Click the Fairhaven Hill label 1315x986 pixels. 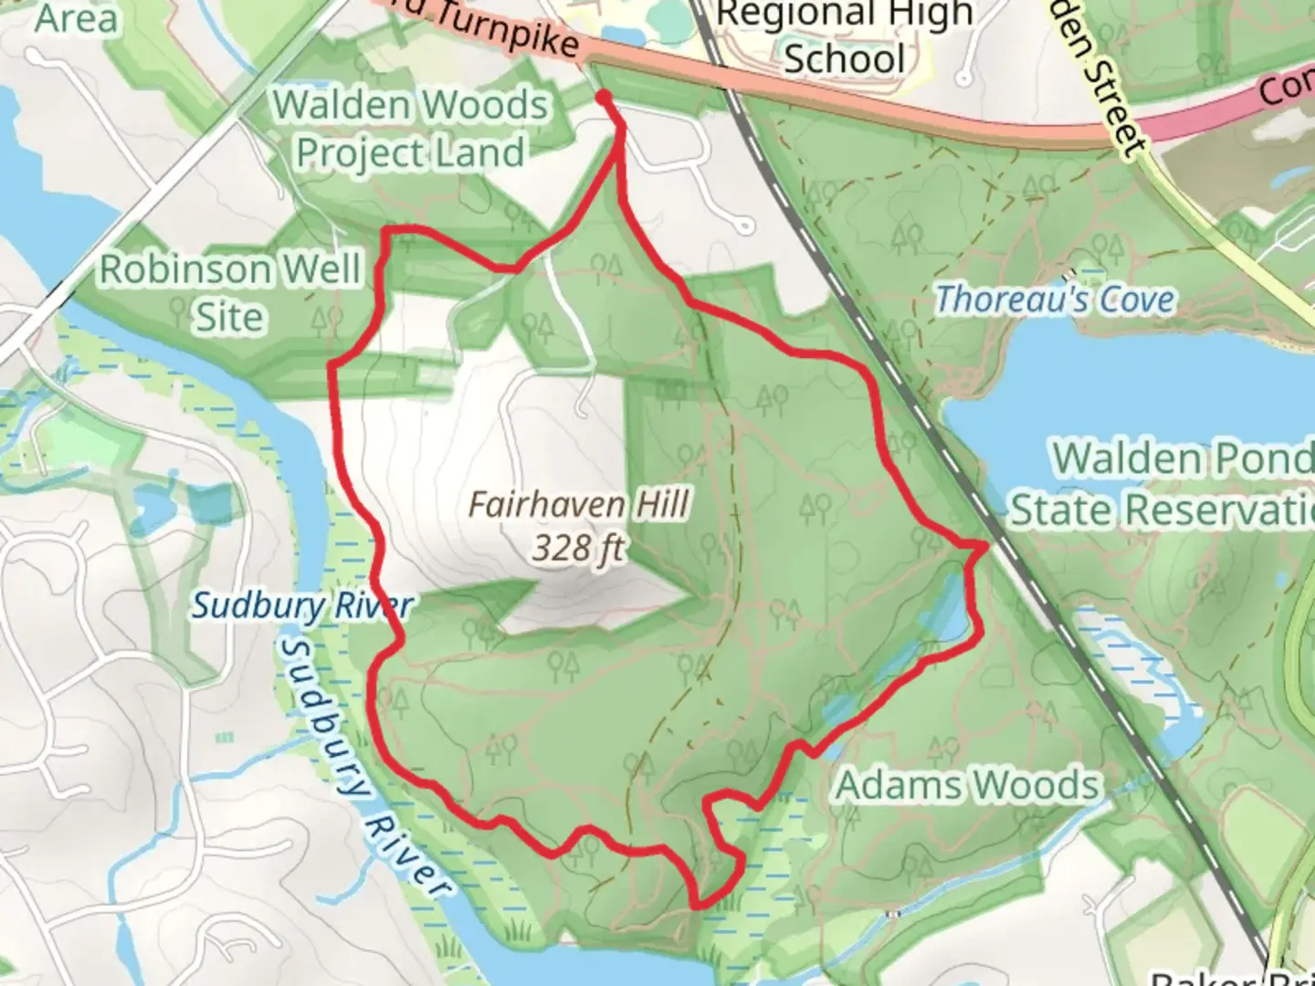tap(579, 504)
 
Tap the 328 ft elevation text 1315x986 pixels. tap(579, 549)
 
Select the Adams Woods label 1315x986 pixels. tap(968, 785)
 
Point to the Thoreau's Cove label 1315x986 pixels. tap(1055, 299)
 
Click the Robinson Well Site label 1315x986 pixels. tap(230, 292)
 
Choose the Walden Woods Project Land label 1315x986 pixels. tap(410, 129)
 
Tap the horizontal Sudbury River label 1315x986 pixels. tap(301, 605)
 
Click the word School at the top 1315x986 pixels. tap(844, 58)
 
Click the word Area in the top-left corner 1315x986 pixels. tap(77, 18)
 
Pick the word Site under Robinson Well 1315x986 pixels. tap(230, 317)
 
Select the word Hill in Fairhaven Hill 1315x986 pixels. tap(658, 504)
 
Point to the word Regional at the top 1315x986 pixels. tap(845, 14)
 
